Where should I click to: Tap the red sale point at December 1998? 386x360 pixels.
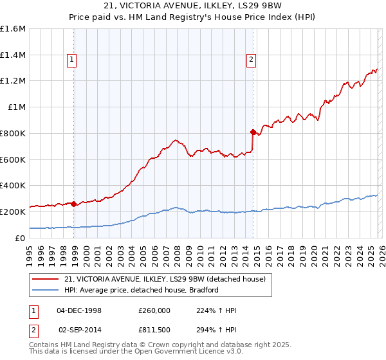click(74, 204)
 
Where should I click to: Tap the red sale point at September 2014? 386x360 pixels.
click(253, 132)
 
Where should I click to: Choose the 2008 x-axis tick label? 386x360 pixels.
click(177, 251)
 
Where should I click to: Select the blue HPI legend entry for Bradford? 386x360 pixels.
click(142, 290)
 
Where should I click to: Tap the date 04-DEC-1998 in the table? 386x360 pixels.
click(79, 310)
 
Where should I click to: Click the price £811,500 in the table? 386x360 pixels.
click(153, 329)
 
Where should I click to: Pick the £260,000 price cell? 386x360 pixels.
click(153, 310)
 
